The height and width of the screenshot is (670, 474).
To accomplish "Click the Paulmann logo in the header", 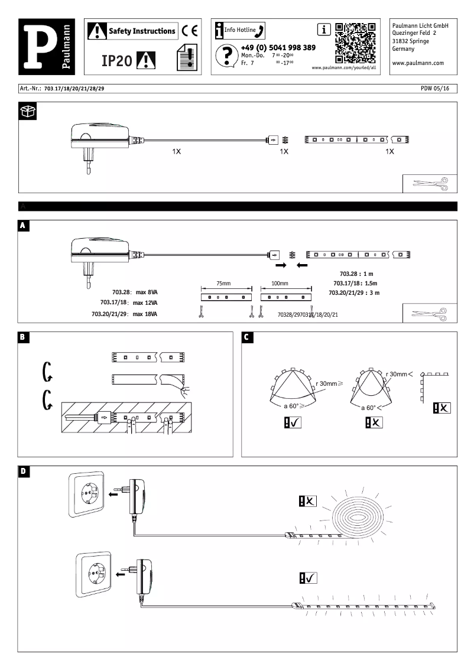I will point(46,47).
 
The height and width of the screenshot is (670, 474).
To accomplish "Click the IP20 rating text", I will point(116,60).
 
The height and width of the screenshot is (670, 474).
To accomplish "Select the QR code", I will point(355,43).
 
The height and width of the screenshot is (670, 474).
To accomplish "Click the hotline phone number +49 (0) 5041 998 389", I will point(278,47).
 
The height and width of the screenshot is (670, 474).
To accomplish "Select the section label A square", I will point(22,226).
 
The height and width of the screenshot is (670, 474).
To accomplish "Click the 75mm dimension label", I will point(223,284).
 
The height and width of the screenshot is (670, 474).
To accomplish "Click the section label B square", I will point(22,337).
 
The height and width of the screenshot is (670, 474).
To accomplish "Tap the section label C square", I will point(247,337).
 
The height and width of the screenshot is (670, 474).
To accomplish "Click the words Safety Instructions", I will point(142,31).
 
